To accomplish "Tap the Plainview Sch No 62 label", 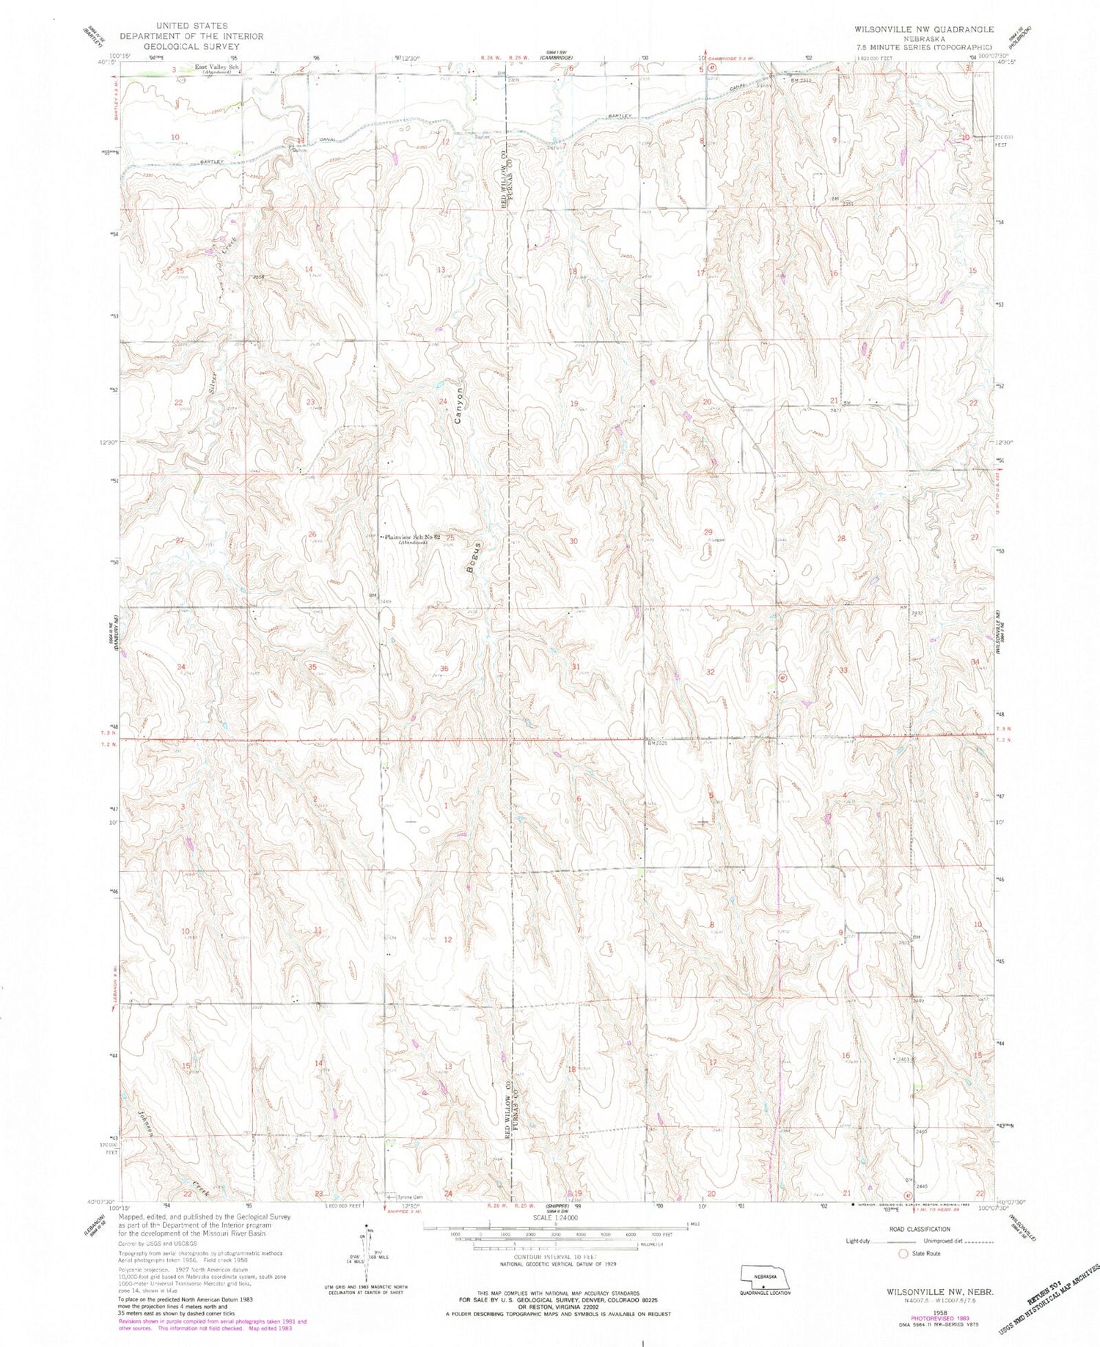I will click(x=411, y=537).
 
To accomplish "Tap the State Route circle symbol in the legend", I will click(x=903, y=1254).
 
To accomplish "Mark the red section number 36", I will click(x=444, y=668).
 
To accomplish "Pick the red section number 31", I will click(x=576, y=667).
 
